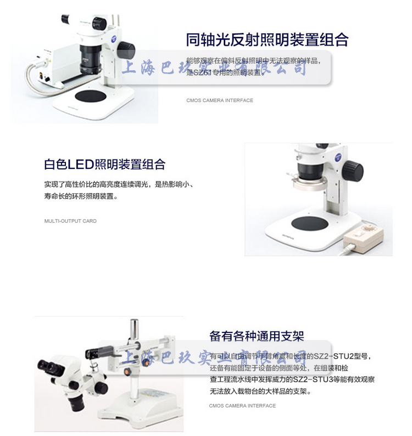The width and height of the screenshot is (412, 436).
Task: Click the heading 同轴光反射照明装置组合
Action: (267, 40)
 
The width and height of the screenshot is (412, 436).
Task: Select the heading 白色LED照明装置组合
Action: (104, 164)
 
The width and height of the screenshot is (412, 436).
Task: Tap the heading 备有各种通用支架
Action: (257, 336)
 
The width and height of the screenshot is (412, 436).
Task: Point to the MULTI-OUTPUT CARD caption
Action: (70, 221)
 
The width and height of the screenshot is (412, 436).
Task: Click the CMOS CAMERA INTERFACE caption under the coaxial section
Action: (220, 100)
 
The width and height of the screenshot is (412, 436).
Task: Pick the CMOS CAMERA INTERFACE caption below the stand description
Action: (242, 406)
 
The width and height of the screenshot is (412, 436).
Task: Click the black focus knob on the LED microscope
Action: (354, 171)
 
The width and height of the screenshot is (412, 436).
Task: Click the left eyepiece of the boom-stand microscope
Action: (44, 365)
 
